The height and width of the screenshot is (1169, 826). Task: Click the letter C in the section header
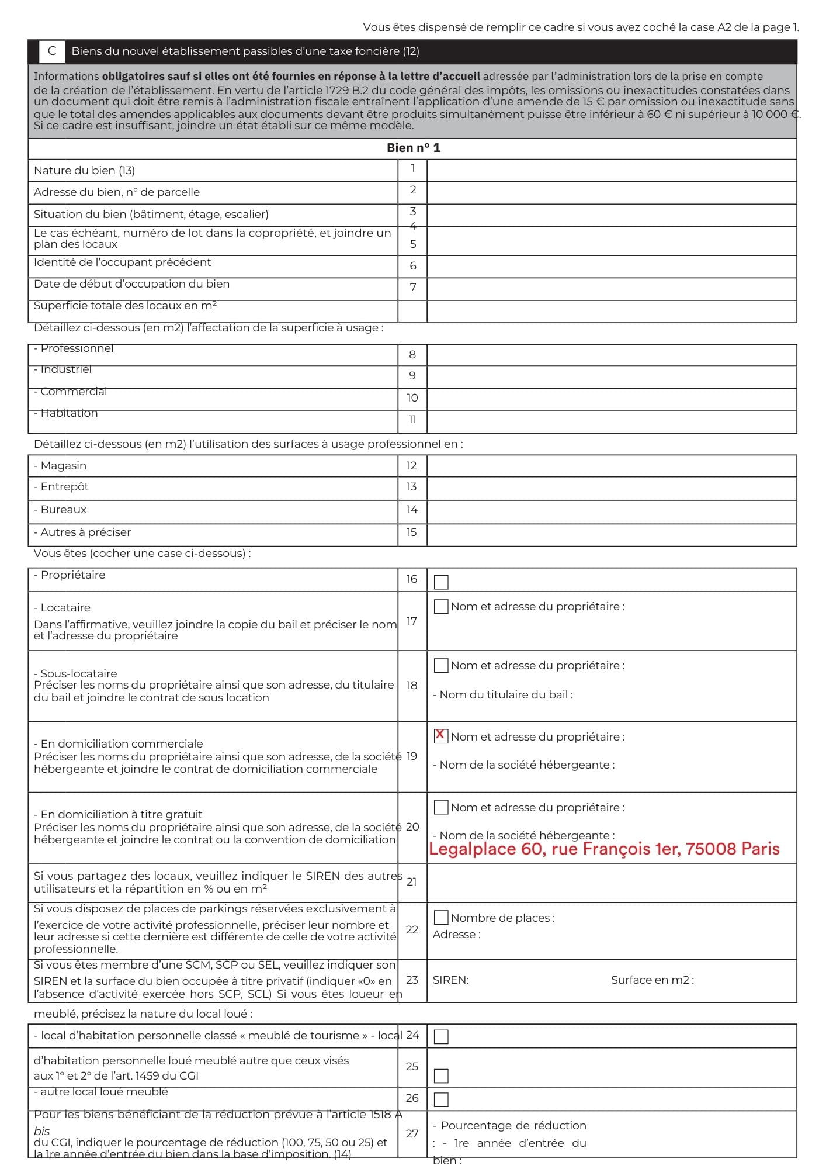click(x=52, y=51)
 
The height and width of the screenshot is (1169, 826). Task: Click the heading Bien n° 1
click(x=413, y=148)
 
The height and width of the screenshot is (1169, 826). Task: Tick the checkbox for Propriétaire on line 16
click(x=441, y=582)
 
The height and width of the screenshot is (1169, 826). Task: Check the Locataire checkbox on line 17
click(x=441, y=606)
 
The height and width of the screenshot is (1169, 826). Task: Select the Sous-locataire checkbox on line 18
click(x=441, y=665)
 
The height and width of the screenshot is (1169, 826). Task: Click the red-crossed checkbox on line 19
click(x=441, y=735)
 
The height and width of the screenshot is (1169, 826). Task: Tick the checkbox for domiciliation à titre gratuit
click(x=441, y=807)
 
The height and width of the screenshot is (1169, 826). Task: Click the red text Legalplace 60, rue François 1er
click(x=603, y=849)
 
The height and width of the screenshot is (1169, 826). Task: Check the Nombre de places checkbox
click(x=441, y=917)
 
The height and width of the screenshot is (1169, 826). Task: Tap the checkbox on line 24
click(x=441, y=1036)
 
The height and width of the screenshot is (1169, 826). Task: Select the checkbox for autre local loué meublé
click(x=441, y=1099)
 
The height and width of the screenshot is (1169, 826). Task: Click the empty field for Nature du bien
click(x=611, y=170)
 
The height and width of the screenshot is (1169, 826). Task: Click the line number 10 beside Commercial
click(x=412, y=398)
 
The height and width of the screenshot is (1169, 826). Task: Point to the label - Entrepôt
click(x=61, y=487)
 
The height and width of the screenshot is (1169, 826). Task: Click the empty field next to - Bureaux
click(x=611, y=510)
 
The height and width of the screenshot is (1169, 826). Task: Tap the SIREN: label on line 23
click(x=450, y=980)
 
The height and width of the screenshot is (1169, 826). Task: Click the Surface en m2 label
click(x=652, y=980)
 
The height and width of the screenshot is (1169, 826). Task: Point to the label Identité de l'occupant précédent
click(x=122, y=262)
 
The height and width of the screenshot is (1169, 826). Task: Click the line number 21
click(x=411, y=881)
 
